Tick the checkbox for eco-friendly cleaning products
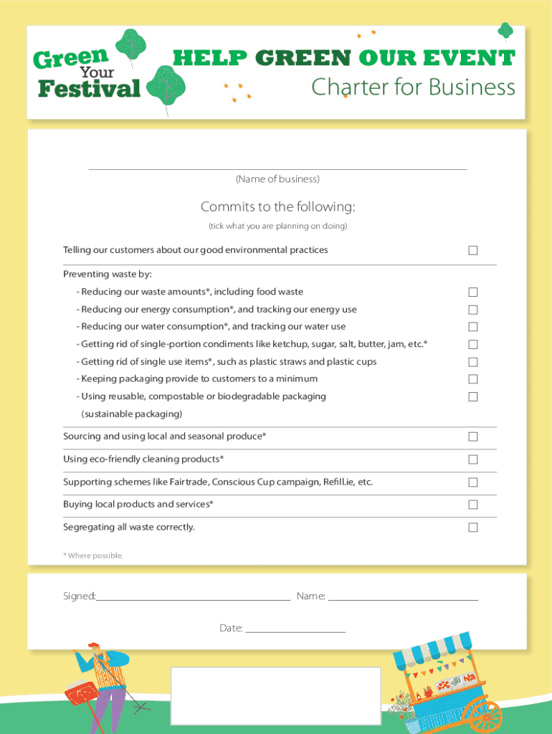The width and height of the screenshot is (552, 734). [x=473, y=459]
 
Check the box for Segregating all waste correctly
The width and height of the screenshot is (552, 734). [x=473, y=528]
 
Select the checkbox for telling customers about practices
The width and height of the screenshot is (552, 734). [x=473, y=250]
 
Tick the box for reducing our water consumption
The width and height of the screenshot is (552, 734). [x=473, y=327]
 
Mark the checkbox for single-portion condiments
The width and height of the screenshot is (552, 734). [x=473, y=345]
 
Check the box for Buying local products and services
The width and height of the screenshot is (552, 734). [x=473, y=505]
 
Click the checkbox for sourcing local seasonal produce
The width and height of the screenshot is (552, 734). [x=473, y=437]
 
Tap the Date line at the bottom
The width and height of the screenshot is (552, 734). [x=295, y=629]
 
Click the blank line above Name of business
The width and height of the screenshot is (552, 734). [x=277, y=167]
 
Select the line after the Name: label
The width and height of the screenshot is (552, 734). [x=403, y=597]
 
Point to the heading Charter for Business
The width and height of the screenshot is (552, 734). [x=413, y=87]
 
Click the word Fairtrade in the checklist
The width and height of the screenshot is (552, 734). [x=189, y=482]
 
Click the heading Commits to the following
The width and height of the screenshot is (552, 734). [x=277, y=207]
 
